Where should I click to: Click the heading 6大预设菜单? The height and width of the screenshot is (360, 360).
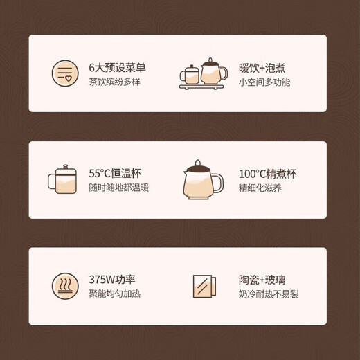117,68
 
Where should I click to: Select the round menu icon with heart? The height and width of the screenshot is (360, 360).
65,73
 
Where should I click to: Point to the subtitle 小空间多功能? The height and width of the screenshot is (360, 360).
264,82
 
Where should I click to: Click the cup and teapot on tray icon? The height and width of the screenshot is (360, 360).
203,73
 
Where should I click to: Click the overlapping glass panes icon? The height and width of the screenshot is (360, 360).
203,286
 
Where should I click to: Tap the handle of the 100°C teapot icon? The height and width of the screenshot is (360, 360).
218,183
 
